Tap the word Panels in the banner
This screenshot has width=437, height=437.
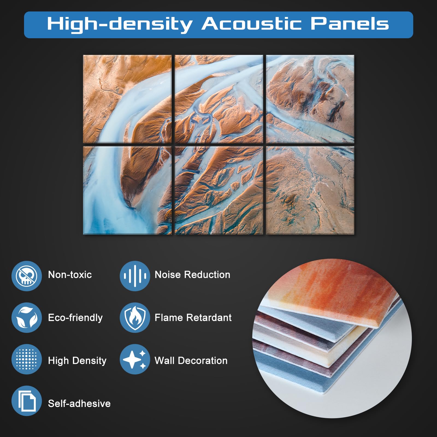coord(350,24)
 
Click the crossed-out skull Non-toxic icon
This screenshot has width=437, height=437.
coord(26,276)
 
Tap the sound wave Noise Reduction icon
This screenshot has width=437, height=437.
coord(135,276)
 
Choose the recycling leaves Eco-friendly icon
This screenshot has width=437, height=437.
coord(26,318)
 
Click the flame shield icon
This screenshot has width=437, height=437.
coord(135,318)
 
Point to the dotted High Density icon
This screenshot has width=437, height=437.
coord(26,359)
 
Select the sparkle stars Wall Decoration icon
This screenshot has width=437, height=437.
coord(135,359)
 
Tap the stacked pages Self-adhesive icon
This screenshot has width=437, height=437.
coord(26,401)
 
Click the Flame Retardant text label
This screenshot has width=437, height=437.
coord(193,317)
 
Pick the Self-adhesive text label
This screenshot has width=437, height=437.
coord(79,403)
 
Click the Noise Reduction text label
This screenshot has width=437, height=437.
coord(193,274)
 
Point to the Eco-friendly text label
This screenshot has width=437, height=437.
coord(75,318)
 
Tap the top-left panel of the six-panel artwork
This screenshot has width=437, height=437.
coord(127,99)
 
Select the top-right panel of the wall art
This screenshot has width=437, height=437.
coord(310,99)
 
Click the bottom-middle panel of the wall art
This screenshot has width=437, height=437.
coord(219,190)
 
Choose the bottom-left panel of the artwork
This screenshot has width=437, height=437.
coord(127,190)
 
